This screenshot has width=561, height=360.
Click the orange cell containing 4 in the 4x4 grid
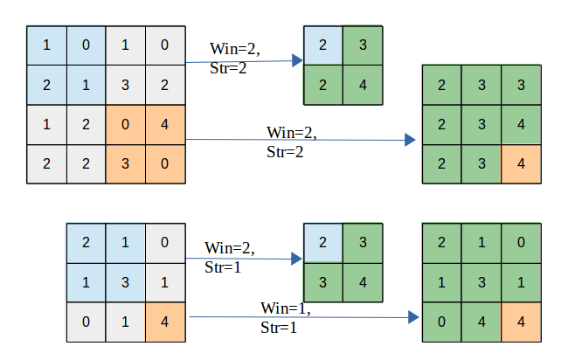165,124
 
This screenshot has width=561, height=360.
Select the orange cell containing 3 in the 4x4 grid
125,163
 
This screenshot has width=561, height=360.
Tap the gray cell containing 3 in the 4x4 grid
125,85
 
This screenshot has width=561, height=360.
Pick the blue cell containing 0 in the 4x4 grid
86,45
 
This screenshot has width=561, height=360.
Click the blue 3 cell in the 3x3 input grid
125,283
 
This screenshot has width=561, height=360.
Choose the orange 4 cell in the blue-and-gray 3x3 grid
164,322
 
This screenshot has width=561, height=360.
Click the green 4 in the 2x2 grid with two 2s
363,85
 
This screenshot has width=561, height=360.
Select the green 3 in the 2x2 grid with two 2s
363,45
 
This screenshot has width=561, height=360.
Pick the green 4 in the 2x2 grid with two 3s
363,283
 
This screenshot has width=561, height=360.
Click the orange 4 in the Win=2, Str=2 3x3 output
522,163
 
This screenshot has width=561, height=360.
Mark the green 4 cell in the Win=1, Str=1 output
481,322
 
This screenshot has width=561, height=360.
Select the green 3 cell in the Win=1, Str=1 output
481,283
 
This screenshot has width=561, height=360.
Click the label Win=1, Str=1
285,318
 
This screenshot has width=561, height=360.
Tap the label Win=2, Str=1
229,257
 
